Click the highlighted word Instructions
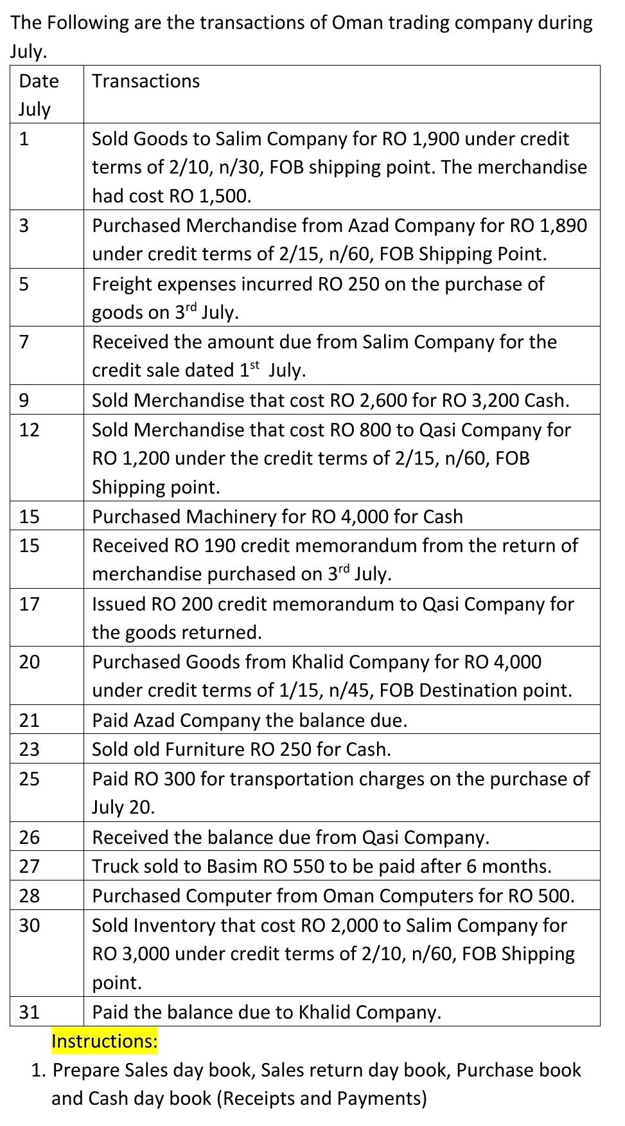[104, 1041]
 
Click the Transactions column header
[146, 81]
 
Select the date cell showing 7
[24, 342]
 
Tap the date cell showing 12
[29, 429]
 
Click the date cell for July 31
[29, 1012]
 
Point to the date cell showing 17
[29, 603]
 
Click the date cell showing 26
[29, 837]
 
